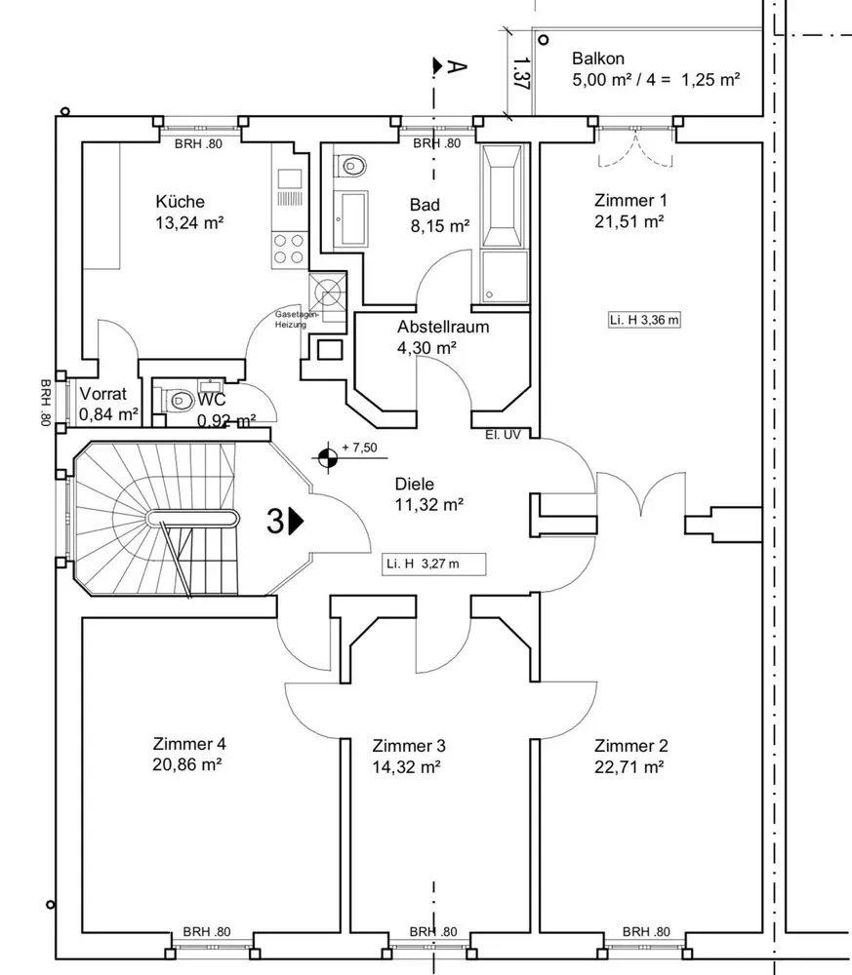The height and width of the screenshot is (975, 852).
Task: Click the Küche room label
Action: click(180, 202)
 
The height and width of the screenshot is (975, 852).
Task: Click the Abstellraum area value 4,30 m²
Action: click(427, 346)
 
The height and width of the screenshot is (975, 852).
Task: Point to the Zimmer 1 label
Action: click(630, 201)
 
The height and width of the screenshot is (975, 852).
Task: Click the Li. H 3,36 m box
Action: click(642, 319)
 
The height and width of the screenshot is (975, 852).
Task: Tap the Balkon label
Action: click(598, 58)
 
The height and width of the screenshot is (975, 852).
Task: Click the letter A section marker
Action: click(454, 66)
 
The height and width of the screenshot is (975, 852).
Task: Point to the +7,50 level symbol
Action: click(328, 452)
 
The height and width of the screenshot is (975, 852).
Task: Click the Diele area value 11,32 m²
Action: click(428, 504)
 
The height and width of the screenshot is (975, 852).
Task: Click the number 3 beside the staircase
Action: click(276, 522)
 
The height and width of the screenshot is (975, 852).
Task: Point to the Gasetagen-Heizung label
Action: click(292, 320)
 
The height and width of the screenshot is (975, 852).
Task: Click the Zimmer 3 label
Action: click(409, 746)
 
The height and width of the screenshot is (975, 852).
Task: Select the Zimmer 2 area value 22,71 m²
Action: click(629, 765)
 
